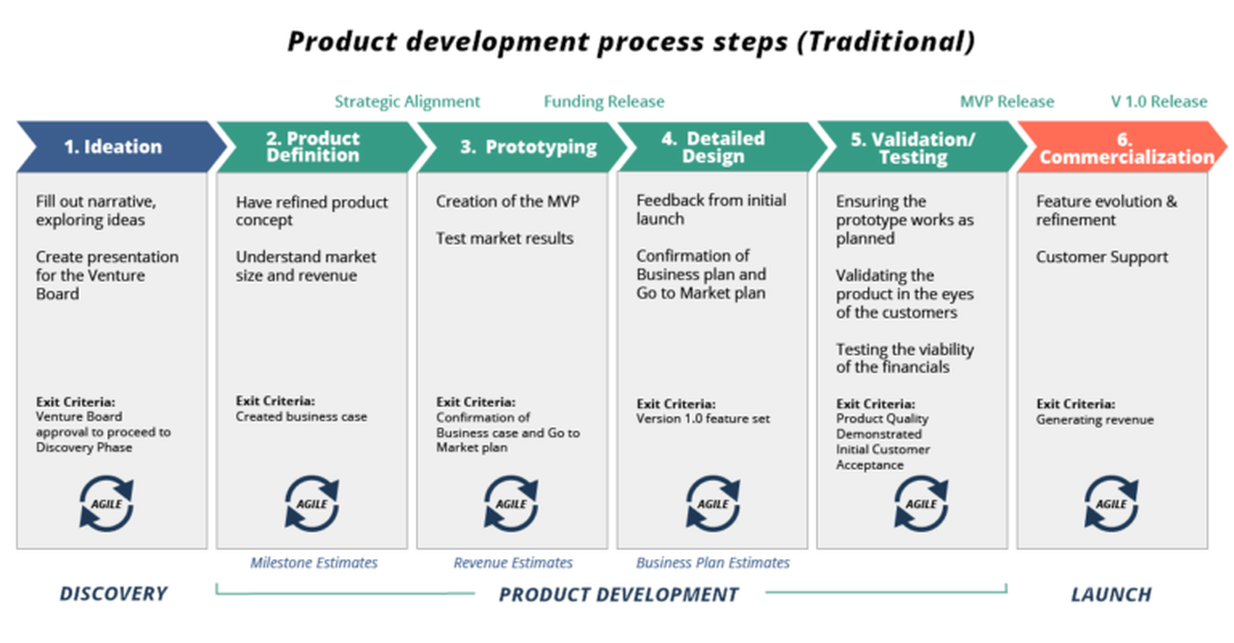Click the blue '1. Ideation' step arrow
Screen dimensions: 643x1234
(114, 147)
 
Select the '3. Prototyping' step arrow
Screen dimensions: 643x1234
(515, 147)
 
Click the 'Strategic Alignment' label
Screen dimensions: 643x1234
(407, 101)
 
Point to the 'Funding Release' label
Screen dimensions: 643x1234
(604, 101)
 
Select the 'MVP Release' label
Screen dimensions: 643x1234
(1006, 101)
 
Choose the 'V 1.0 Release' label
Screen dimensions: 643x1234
(1158, 101)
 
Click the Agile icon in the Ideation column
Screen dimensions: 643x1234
(106, 504)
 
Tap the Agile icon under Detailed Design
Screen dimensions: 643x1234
(712, 504)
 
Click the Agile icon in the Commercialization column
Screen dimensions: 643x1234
(1112, 504)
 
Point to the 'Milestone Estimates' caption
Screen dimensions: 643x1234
(314, 562)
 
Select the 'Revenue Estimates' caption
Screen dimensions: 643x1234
(513, 562)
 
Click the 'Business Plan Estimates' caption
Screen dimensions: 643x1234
(712, 562)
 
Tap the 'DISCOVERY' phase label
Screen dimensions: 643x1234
(113, 594)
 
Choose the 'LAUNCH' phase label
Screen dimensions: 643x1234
(1111, 594)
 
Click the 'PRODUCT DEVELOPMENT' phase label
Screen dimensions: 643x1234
(618, 594)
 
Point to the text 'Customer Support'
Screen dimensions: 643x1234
(1102, 257)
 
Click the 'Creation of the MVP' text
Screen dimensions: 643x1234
(508, 201)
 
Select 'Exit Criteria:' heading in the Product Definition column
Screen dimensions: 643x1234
(276, 401)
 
